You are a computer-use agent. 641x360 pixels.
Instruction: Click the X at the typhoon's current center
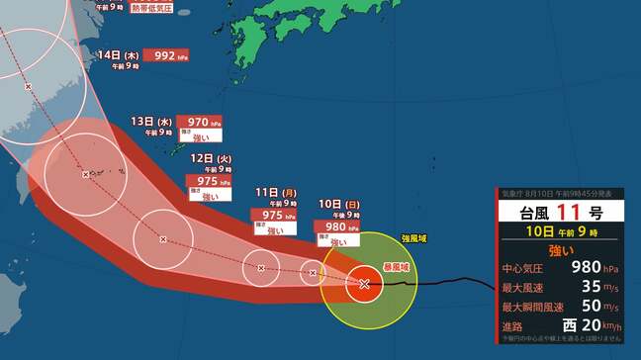point(364,284)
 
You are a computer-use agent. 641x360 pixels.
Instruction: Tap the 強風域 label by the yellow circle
point(415,239)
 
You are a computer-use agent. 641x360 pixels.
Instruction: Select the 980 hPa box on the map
point(337,226)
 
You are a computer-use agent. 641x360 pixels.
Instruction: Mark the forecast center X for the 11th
point(261,267)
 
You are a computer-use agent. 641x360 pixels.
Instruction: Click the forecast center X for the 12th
point(163,238)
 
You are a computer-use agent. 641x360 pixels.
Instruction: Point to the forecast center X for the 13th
point(86,174)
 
